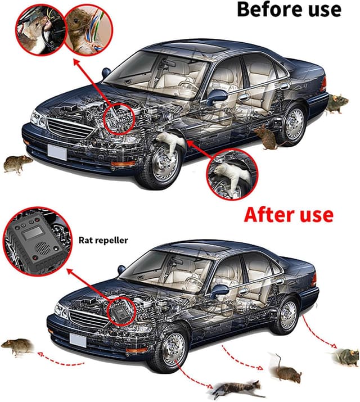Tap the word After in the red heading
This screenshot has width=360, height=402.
[267, 215]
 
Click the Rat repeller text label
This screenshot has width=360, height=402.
[103, 241]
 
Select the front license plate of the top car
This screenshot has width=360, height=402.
[57, 152]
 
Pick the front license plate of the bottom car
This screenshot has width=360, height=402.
[78, 341]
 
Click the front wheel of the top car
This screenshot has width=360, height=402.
[163, 166]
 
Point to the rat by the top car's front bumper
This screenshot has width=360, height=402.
[17, 164]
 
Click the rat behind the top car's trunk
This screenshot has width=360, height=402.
[336, 103]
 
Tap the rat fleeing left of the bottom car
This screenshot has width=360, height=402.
[18, 346]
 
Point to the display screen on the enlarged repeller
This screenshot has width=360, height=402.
[32, 233]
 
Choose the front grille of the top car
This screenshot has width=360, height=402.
[70, 129]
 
